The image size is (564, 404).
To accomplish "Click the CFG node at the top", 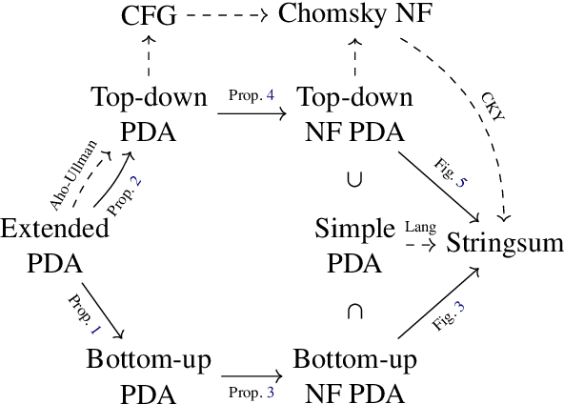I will tap(149, 15).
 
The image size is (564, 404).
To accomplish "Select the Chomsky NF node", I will tap(352, 15).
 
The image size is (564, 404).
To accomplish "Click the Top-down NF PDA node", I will tap(353, 112).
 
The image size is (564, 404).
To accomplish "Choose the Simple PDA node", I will tap(353, 244).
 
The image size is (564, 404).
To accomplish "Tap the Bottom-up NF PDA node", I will tap(353, 375).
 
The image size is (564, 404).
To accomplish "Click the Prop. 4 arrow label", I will tap(251, 97).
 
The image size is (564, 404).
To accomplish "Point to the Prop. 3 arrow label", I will tap(251, 392).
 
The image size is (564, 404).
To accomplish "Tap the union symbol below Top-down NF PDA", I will tap(353, 177).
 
